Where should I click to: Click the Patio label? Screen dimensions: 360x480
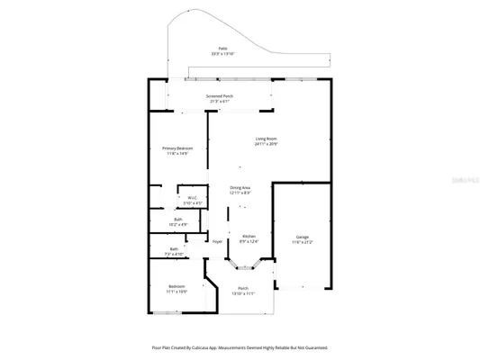click(x=222, y=48)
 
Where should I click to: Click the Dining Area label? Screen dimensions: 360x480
click(x=239, y=187)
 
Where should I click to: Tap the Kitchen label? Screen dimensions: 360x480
click(x=249, y=236)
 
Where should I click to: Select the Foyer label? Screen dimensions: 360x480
click(x=217, y=241)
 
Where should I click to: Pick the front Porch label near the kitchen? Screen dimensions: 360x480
click(x=243, y=288)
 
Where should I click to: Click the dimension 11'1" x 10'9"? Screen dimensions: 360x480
click(x=177, y=292)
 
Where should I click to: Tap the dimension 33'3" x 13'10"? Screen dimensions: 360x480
click(x=222, y=54)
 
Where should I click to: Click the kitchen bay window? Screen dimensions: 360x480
click(x=243, y=266)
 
